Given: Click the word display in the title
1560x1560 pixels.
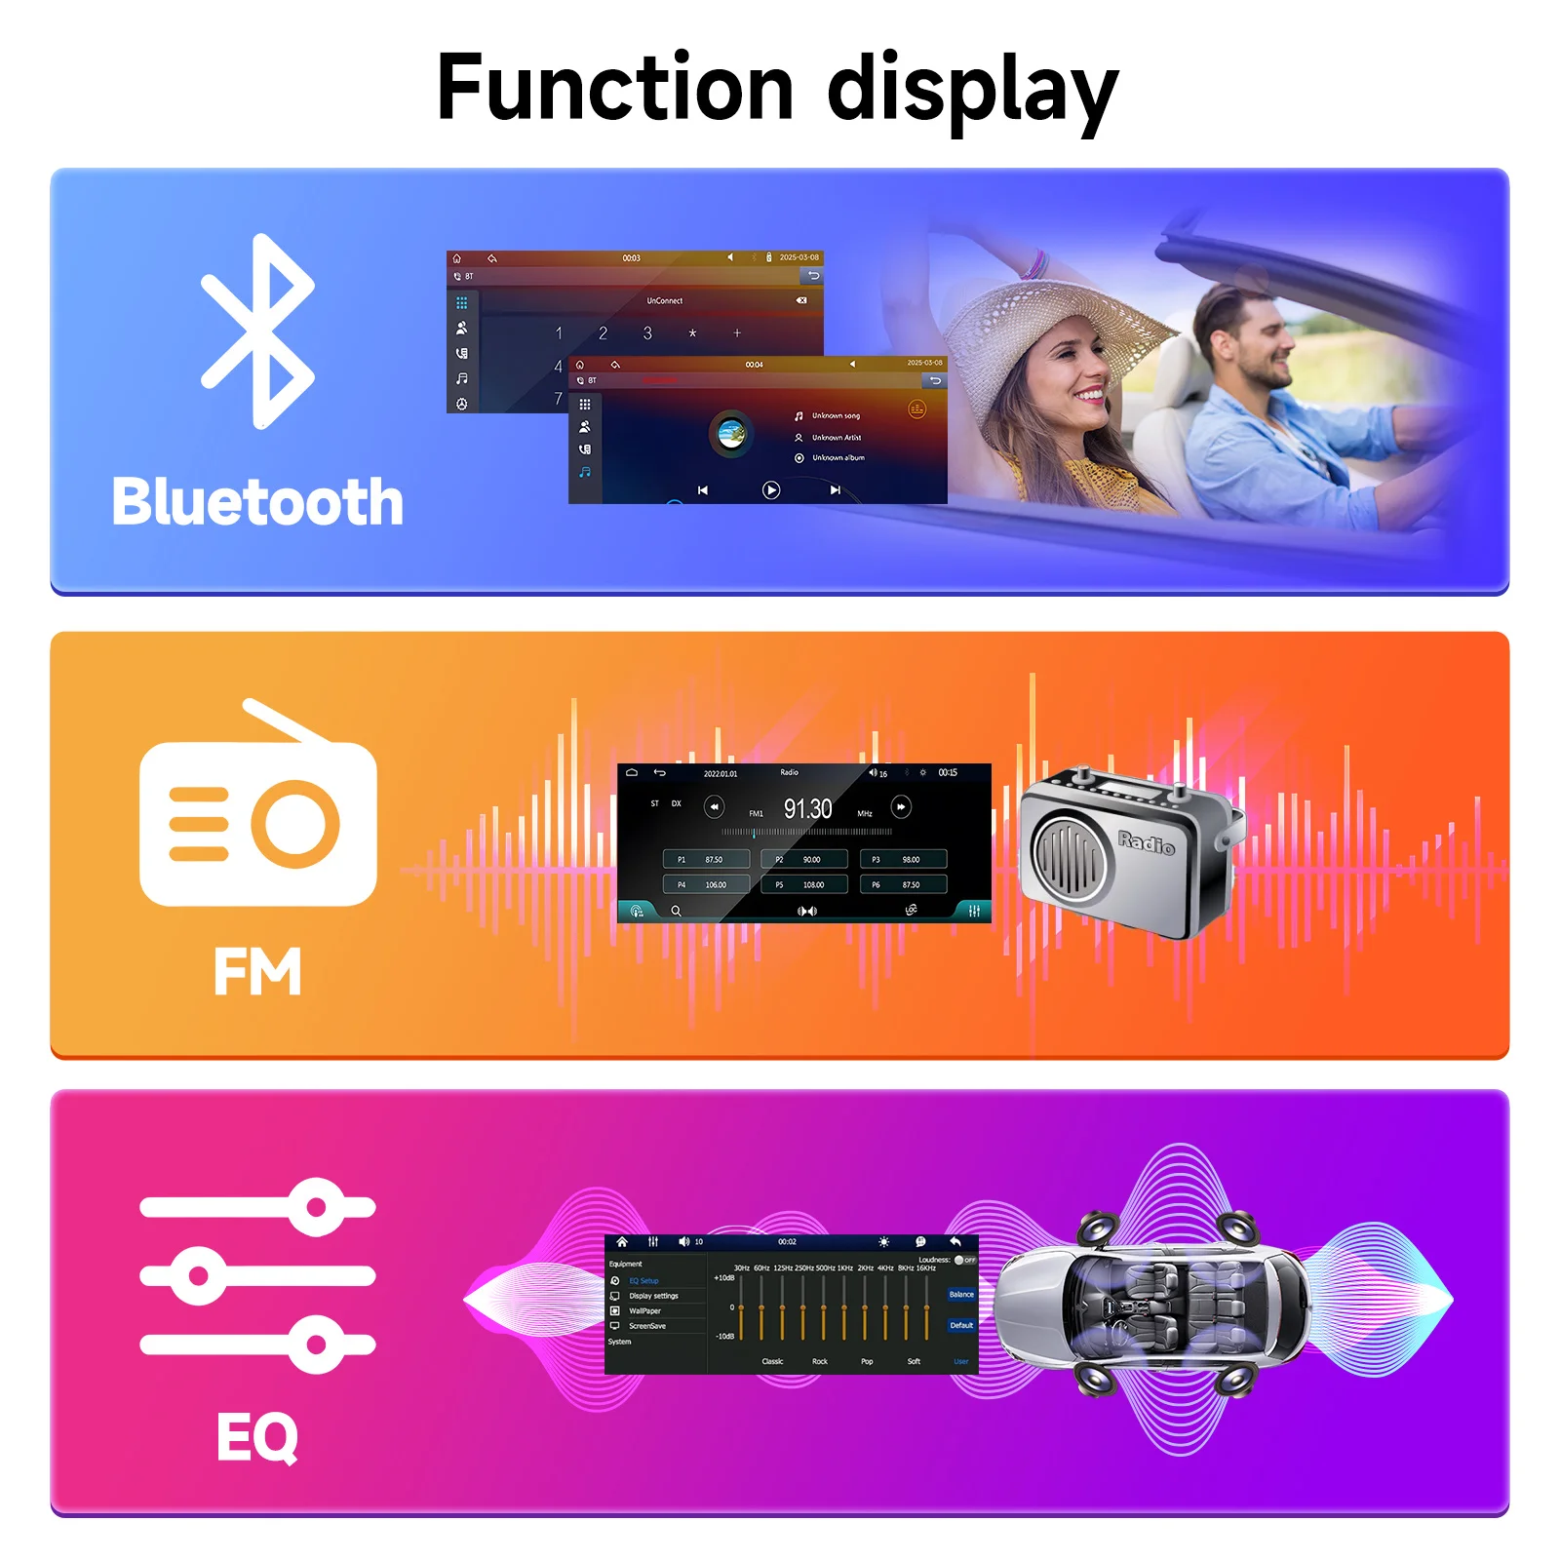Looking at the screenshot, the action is (972, 90).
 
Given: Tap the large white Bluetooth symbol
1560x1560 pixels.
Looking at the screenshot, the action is (258, 331).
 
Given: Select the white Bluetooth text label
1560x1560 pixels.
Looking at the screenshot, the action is (257, 502).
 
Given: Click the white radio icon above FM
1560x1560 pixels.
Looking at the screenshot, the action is (257, 809).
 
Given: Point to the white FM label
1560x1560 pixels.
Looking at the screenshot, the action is (257, 971).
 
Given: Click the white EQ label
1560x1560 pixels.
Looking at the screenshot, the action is (257, 1436).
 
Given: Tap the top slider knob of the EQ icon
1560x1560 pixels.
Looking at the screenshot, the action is (316, 1207).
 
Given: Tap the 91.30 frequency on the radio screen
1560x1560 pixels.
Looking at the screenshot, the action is (807, 809).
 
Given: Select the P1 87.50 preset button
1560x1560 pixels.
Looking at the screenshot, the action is (706, 859).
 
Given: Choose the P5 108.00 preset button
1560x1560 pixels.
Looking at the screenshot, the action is (804, 884).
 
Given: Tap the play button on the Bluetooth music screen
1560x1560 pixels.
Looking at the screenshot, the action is (770, 490).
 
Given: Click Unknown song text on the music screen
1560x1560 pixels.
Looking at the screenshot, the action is (836, 416).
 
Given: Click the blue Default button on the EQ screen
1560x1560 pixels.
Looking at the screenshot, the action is (961, 1325).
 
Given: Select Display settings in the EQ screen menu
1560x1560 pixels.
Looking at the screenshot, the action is (653, 1296).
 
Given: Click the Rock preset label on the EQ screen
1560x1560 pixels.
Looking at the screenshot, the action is (819, 1361).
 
